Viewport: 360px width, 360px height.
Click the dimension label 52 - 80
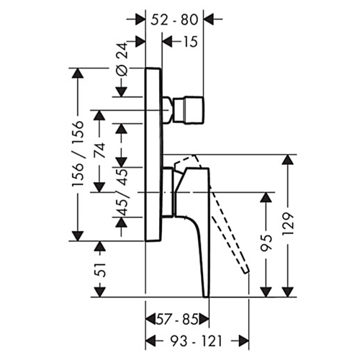(x=174, y=19)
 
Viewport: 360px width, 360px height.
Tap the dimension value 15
(x=190, y=42)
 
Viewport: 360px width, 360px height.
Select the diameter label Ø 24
(x=122, y=59)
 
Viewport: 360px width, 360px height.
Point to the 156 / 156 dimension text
(x=78, y=153)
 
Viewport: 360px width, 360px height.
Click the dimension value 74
(x=99, y=150)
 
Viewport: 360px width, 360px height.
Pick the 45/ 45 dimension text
(x=122, y=192)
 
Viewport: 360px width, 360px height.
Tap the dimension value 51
(x=99, y=270)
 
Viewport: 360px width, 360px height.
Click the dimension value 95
(x=266, y=243)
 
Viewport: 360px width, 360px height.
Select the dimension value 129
(x=288, y=224)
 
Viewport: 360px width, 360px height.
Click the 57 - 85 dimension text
(x=177, y=320)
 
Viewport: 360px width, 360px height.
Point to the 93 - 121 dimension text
(x=196, y=341)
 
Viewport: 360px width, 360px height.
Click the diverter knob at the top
(x=189, y=110)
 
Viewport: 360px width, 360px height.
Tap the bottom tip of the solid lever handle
(x=207, y=297)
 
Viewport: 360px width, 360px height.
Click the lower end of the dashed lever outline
(x=246, y=271)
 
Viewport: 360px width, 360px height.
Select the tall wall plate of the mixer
(x=154, y=155)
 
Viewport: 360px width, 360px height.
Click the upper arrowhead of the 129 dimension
(x=288, y=160)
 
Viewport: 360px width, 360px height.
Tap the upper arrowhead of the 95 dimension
(x=266, y=197)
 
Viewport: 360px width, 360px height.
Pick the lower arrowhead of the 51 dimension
(x=99, y=292)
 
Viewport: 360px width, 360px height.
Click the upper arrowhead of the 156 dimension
(x=78, y=73)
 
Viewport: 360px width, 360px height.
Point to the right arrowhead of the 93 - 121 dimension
(x=243, y=341)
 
